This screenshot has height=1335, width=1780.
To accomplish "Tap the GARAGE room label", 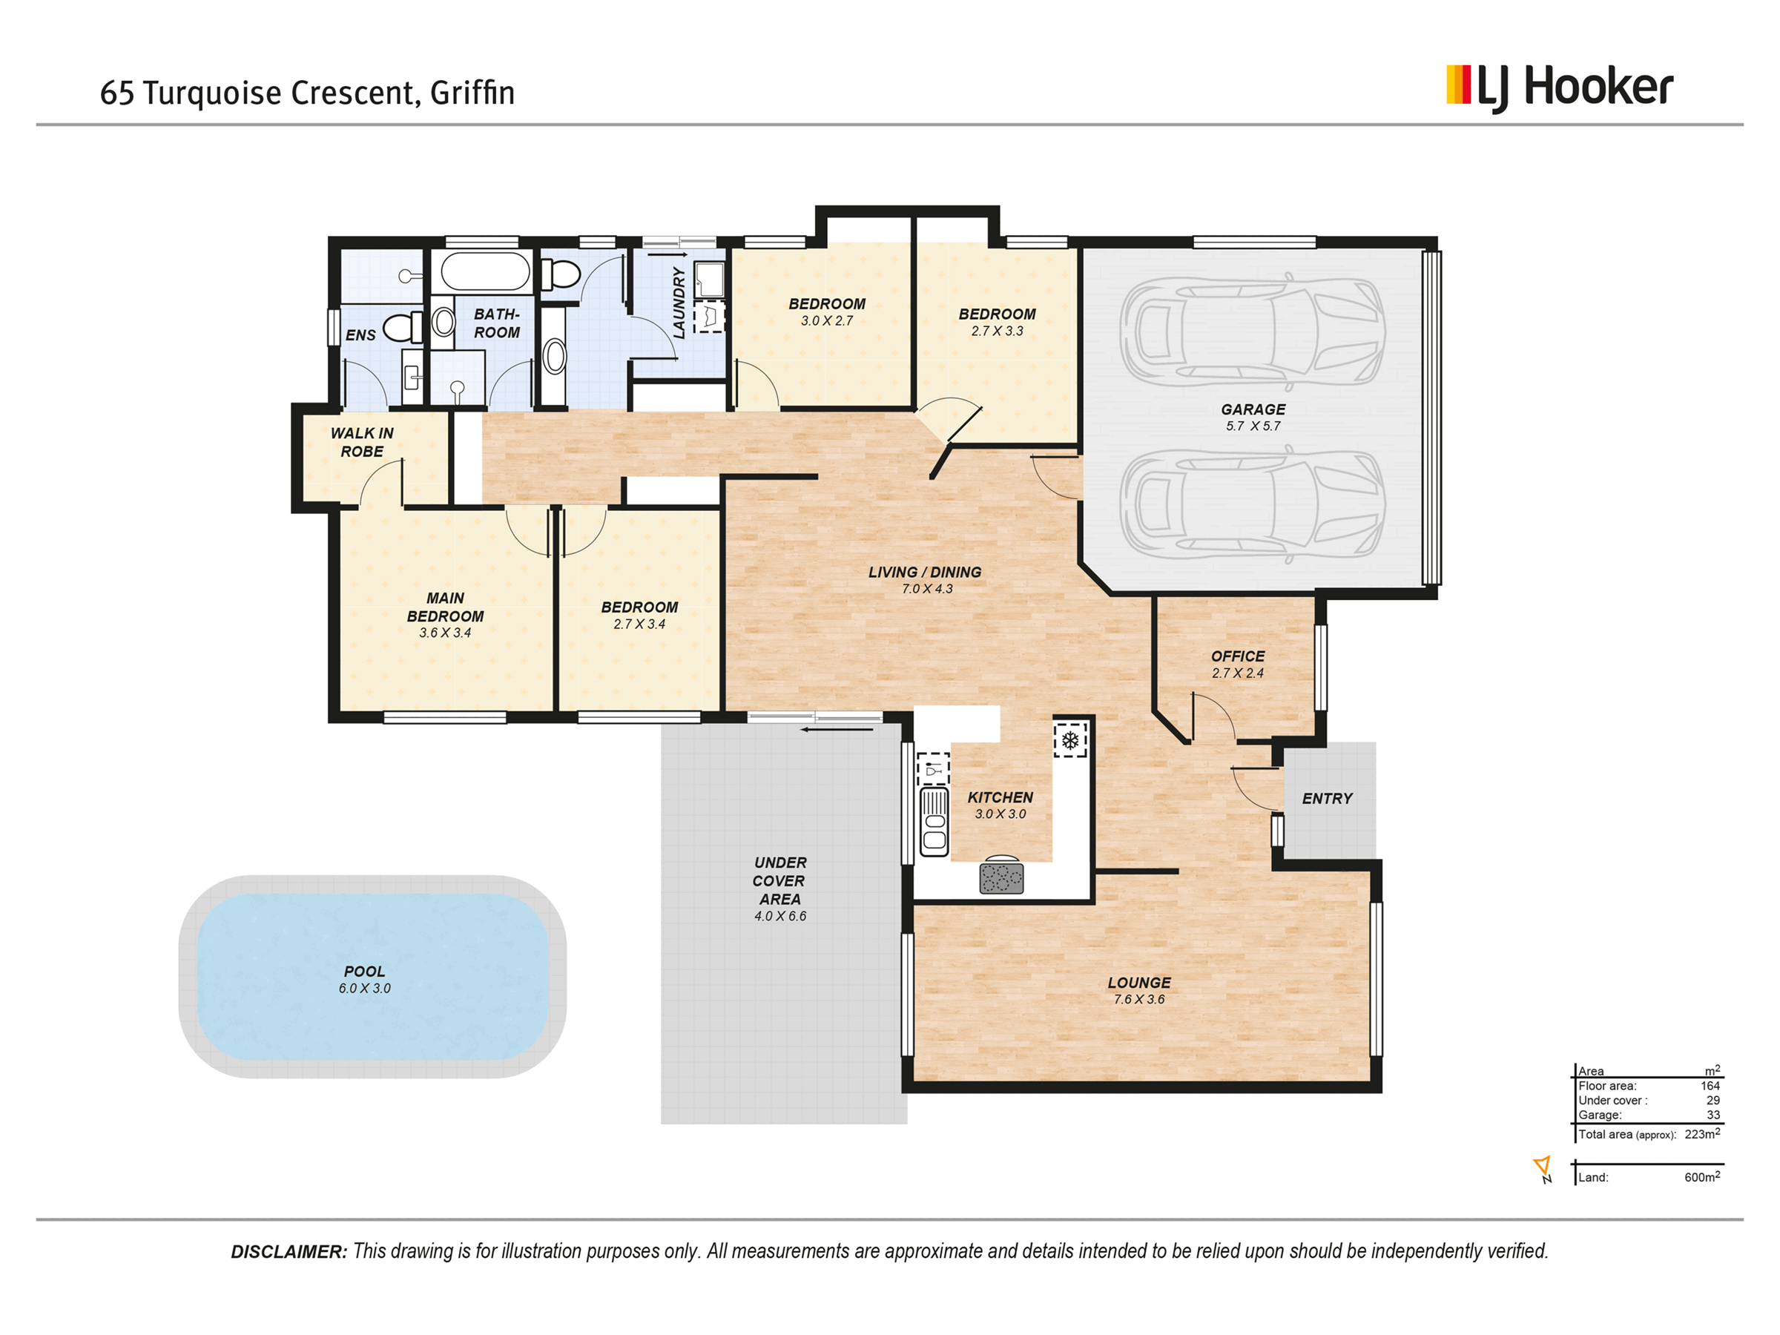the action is pos(1253,409).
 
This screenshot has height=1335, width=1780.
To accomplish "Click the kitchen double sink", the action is pos(934,822).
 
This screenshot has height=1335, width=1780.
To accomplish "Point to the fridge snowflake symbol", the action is pos(1070,740).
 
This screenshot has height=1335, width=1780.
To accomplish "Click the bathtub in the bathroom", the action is pos(486,272).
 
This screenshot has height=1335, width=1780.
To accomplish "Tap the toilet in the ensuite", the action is pos(402,328).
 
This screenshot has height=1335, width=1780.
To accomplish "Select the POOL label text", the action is pos(365,972).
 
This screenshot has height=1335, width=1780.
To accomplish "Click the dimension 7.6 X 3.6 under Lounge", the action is pos(1138,1000).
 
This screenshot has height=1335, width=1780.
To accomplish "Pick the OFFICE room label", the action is pos(1238,656).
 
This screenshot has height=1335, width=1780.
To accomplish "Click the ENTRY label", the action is pos(1327,798).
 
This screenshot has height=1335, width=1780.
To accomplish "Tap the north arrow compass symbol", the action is pos(1543,1169).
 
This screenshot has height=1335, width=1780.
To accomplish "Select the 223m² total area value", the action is pos(1702,1134).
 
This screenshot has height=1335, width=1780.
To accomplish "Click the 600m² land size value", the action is pos(1702,1176).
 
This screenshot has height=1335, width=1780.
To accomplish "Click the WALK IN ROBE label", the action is pos(362,443).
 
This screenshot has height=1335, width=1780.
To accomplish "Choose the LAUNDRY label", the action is pos(679,303).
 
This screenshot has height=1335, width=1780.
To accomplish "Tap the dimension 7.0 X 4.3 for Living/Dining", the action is pos(927,589).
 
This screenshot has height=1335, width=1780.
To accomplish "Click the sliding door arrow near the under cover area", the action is pos(837,730).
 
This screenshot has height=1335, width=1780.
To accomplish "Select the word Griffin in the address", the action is pos(472,93).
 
